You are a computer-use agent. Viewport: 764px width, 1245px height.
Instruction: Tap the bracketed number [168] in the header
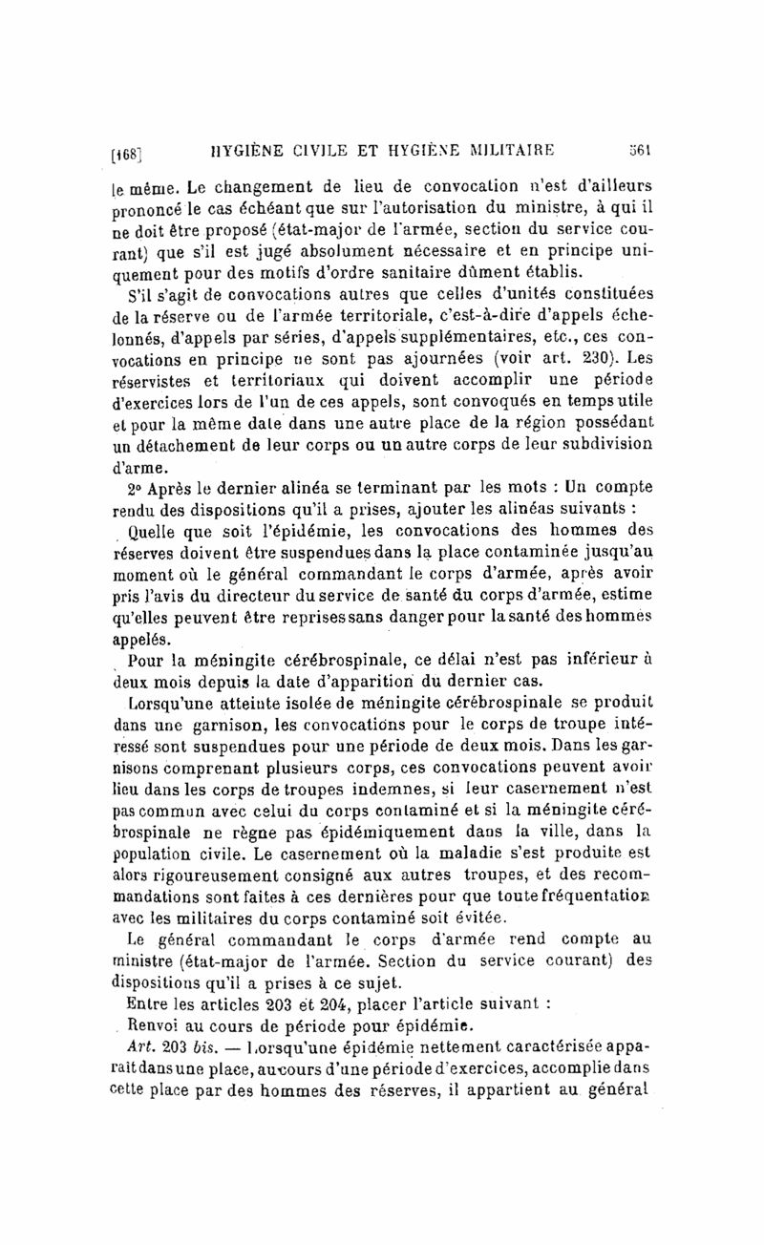pyautogui.click(x=129, y=153)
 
